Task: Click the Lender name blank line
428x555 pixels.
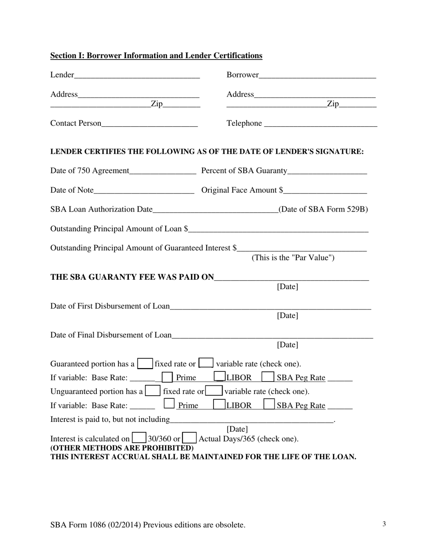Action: pos(137,75)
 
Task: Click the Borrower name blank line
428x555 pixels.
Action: pos(317,75)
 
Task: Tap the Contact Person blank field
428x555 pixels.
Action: pos(150,124)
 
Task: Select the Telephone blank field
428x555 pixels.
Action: pos(320,124)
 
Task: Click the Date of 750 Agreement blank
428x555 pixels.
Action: pos(163,171)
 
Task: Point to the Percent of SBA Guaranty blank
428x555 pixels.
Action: pos(327,171)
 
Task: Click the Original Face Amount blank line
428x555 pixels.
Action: pos(325,190)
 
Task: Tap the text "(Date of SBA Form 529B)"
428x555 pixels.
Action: pos(323,209)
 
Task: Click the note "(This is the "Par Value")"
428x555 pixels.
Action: pos(293,258)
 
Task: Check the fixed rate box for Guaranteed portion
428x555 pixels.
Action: pos(145,363)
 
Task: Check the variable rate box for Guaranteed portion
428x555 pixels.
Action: pos(206,363)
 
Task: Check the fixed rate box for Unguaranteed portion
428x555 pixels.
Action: pos(153,391)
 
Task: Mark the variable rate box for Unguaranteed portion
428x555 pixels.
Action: pos(214,391)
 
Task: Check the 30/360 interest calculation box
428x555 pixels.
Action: pos(139,438)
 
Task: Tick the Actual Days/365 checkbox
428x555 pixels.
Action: pos(190,438)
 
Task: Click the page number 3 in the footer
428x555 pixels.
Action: pos(384,524)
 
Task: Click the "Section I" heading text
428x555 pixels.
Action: pos(156,55)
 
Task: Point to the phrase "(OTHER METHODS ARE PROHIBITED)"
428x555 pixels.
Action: pos(122,448)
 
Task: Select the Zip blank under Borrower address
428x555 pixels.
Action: pos(358,105)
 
